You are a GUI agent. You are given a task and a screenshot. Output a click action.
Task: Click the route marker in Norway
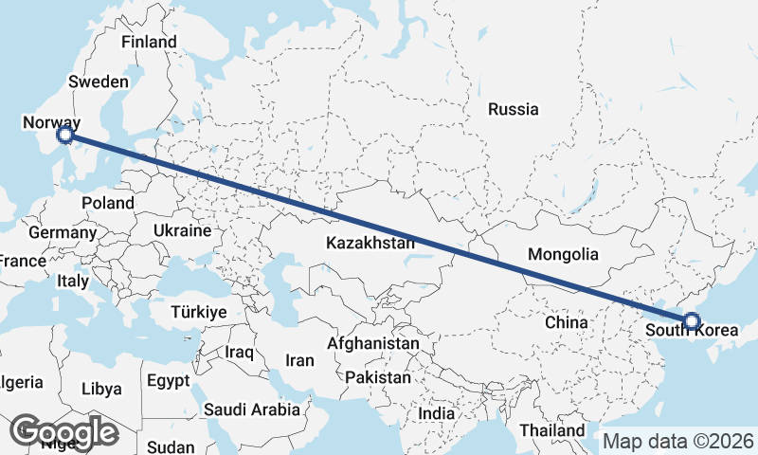[64, 136]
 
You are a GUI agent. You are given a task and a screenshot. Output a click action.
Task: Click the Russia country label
[513, 109]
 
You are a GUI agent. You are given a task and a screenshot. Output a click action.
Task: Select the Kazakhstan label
[370, 243]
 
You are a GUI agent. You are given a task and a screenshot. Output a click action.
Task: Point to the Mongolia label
[563, 254]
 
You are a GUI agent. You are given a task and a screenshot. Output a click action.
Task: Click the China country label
[567, 322]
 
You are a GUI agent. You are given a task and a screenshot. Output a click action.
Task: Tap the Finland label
[150, 42]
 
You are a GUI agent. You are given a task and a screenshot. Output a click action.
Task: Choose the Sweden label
[99, 82]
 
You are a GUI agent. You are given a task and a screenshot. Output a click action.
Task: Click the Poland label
[107, 203]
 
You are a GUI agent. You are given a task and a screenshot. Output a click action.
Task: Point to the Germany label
[63, 232]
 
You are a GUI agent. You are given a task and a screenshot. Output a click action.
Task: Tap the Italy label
[73, 282]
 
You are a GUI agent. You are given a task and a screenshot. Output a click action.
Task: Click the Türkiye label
[198, 312]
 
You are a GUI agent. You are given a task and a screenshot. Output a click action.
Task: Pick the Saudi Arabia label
[251, 409]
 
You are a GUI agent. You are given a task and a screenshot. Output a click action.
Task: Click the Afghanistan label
[373, 343]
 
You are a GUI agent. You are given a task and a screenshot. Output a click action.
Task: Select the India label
[437, 414]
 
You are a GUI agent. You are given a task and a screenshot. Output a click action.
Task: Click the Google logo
[63, 432]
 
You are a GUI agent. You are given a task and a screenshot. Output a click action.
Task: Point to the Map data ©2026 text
[678, 442]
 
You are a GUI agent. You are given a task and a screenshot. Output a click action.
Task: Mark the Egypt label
[170, 380]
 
